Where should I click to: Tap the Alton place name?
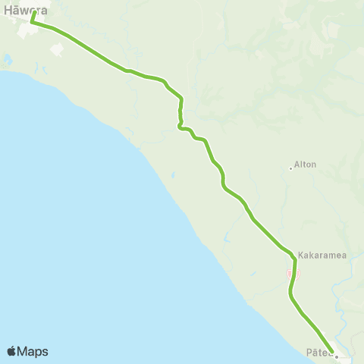[305, 164]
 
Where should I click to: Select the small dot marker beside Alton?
[290, 168]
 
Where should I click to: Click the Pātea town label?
[318, 352]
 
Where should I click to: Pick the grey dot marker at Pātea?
[337, 356]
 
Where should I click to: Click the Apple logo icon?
[11, 351]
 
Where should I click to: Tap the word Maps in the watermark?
[33, 352]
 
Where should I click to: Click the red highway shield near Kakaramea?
[289, 275]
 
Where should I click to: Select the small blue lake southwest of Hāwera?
[8, 59]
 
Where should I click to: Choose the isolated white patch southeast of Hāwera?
[57, 48]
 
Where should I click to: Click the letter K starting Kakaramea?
[301, 256]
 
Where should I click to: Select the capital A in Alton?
[297, 164]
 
